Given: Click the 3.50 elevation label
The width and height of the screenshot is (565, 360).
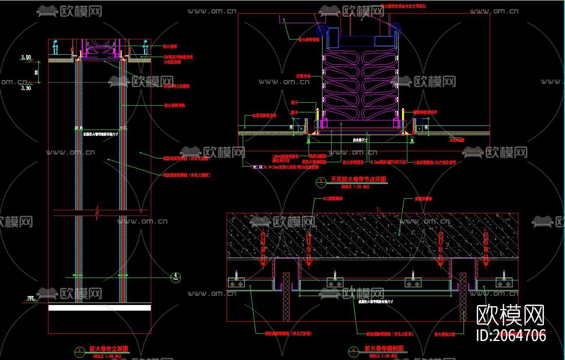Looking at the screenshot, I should [26, 57].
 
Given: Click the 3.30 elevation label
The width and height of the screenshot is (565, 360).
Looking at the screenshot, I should [26, 87].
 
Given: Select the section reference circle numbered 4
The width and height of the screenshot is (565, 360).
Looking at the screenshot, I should [176, 277].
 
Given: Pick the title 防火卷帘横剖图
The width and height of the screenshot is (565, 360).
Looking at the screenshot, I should [384, 348].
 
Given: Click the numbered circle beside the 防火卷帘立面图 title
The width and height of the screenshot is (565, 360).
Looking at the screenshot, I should [80, 351].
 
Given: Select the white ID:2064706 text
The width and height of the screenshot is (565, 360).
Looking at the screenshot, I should [512, 335].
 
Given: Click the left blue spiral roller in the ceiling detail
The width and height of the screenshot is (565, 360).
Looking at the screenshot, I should [322, 31].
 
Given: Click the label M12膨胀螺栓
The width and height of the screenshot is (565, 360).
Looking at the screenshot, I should [333, 199].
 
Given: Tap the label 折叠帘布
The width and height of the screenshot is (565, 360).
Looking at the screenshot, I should [303, 76].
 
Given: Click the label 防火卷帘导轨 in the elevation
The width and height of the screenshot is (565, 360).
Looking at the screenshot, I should [175, 106].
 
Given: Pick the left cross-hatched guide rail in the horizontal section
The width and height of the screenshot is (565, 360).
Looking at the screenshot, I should [286, 296].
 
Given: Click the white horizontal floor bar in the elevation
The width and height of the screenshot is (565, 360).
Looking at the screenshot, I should [99, 308].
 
